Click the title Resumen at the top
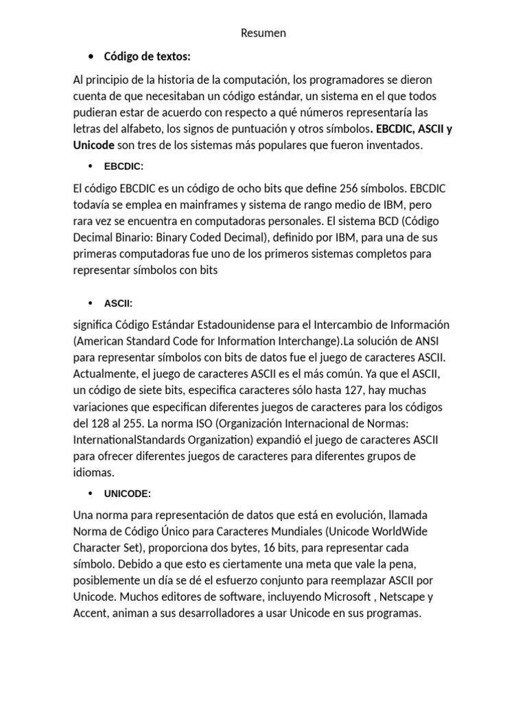264,33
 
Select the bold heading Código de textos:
147,56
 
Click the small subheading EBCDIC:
124,167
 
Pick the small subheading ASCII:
119,303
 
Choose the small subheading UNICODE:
128,494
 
